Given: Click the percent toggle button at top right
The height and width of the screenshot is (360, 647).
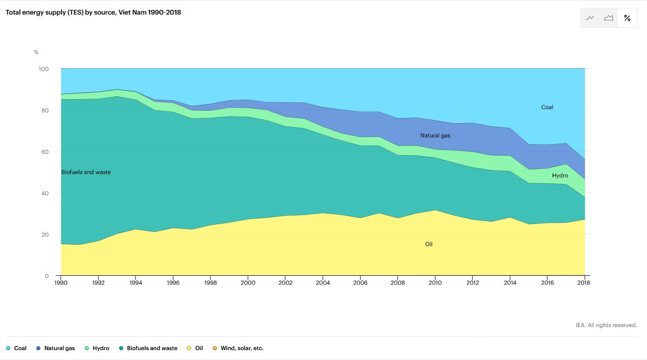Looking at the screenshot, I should [627, 18].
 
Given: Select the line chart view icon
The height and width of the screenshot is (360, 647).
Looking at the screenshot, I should [590, 18].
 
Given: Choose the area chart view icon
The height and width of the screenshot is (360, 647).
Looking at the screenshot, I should [609, 18].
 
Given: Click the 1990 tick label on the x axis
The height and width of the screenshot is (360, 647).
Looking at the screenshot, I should [61, 283].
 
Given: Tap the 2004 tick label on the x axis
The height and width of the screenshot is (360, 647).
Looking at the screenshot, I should [323, 283].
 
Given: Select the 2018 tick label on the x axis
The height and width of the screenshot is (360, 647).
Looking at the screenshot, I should [584, 283].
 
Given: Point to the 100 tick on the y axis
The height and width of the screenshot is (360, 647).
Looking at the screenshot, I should [43, 69].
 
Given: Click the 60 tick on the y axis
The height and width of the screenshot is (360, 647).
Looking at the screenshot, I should [45, 152].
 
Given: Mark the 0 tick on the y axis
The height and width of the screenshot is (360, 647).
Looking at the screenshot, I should [47, 276].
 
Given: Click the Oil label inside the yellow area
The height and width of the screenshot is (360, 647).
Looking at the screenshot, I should [429, 244].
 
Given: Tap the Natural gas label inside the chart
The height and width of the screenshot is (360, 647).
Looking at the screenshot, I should [435, 136].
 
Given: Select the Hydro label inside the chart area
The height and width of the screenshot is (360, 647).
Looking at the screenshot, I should [560, 176].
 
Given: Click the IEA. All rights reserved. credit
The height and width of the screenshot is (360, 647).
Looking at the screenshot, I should [606, 325].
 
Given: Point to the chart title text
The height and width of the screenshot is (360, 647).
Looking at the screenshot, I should [93, 13].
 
